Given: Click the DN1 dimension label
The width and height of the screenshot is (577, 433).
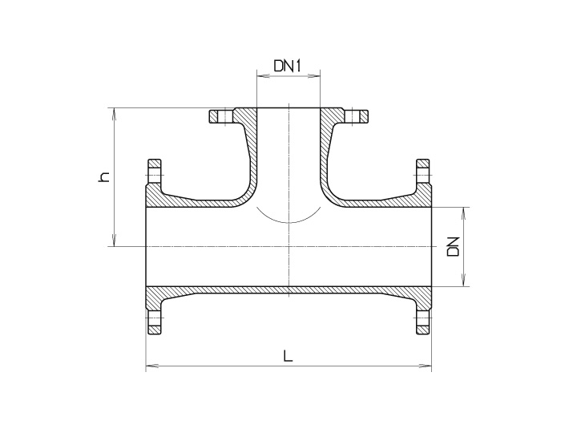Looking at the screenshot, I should coord(286,67).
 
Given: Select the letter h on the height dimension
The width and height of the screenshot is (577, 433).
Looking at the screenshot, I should coord(103,176).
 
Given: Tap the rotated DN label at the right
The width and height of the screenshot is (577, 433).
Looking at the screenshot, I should coord(453,245).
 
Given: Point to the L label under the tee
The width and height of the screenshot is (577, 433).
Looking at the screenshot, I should coord(288,356).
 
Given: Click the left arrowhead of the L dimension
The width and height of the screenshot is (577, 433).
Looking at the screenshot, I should coord(150,367).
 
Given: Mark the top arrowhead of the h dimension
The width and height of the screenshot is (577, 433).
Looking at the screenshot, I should coord(117,112).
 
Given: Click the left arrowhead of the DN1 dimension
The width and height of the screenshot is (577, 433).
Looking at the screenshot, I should coord(260,77).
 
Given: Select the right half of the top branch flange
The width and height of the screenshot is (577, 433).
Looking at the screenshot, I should coord(353,117).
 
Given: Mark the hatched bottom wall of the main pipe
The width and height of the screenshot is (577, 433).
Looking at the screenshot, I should coord(288,289).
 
